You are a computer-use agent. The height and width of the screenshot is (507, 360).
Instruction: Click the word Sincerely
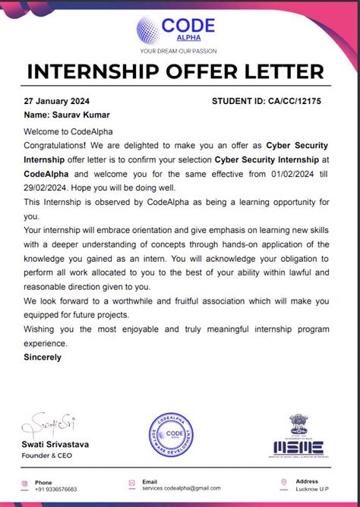pyautogui.click(x=43, y=357)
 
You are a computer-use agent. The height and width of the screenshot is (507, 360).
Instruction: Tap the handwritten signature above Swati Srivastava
pyautogui.click(x=50, y=423)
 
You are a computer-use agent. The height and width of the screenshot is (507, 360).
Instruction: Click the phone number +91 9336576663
pyautogui.click(x=56, y=490)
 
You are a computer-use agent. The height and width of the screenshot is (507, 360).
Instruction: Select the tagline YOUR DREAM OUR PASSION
pyautogui.click(x=178, y=51)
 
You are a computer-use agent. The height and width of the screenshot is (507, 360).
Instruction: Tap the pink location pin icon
pyautogui.click(x=283, y=482)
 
